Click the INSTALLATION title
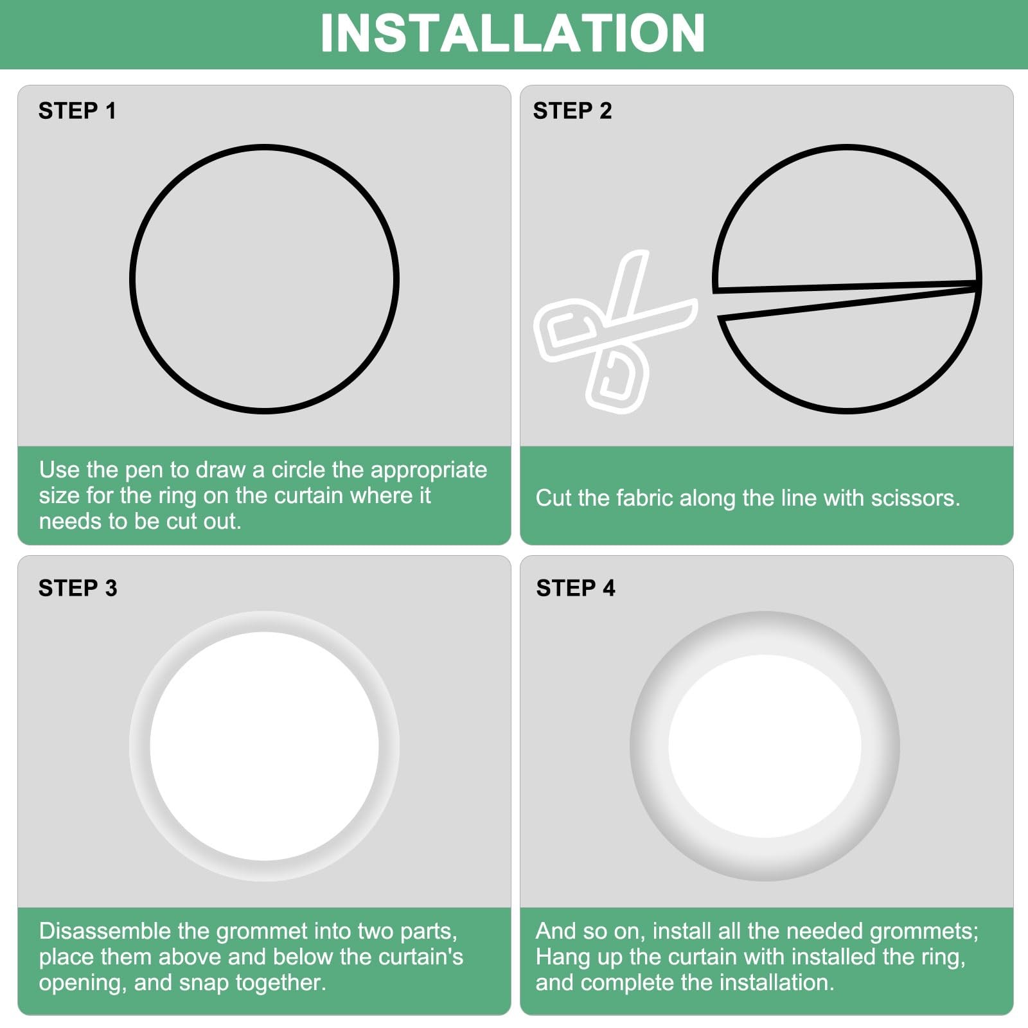(513, 33)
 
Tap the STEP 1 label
(77, 111)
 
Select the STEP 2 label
(572, 111)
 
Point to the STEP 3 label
(78, 588)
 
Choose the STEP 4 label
(576, 588)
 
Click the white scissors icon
(616, 332)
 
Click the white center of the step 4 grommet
(765, 746)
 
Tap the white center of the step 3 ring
(264, 746)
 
